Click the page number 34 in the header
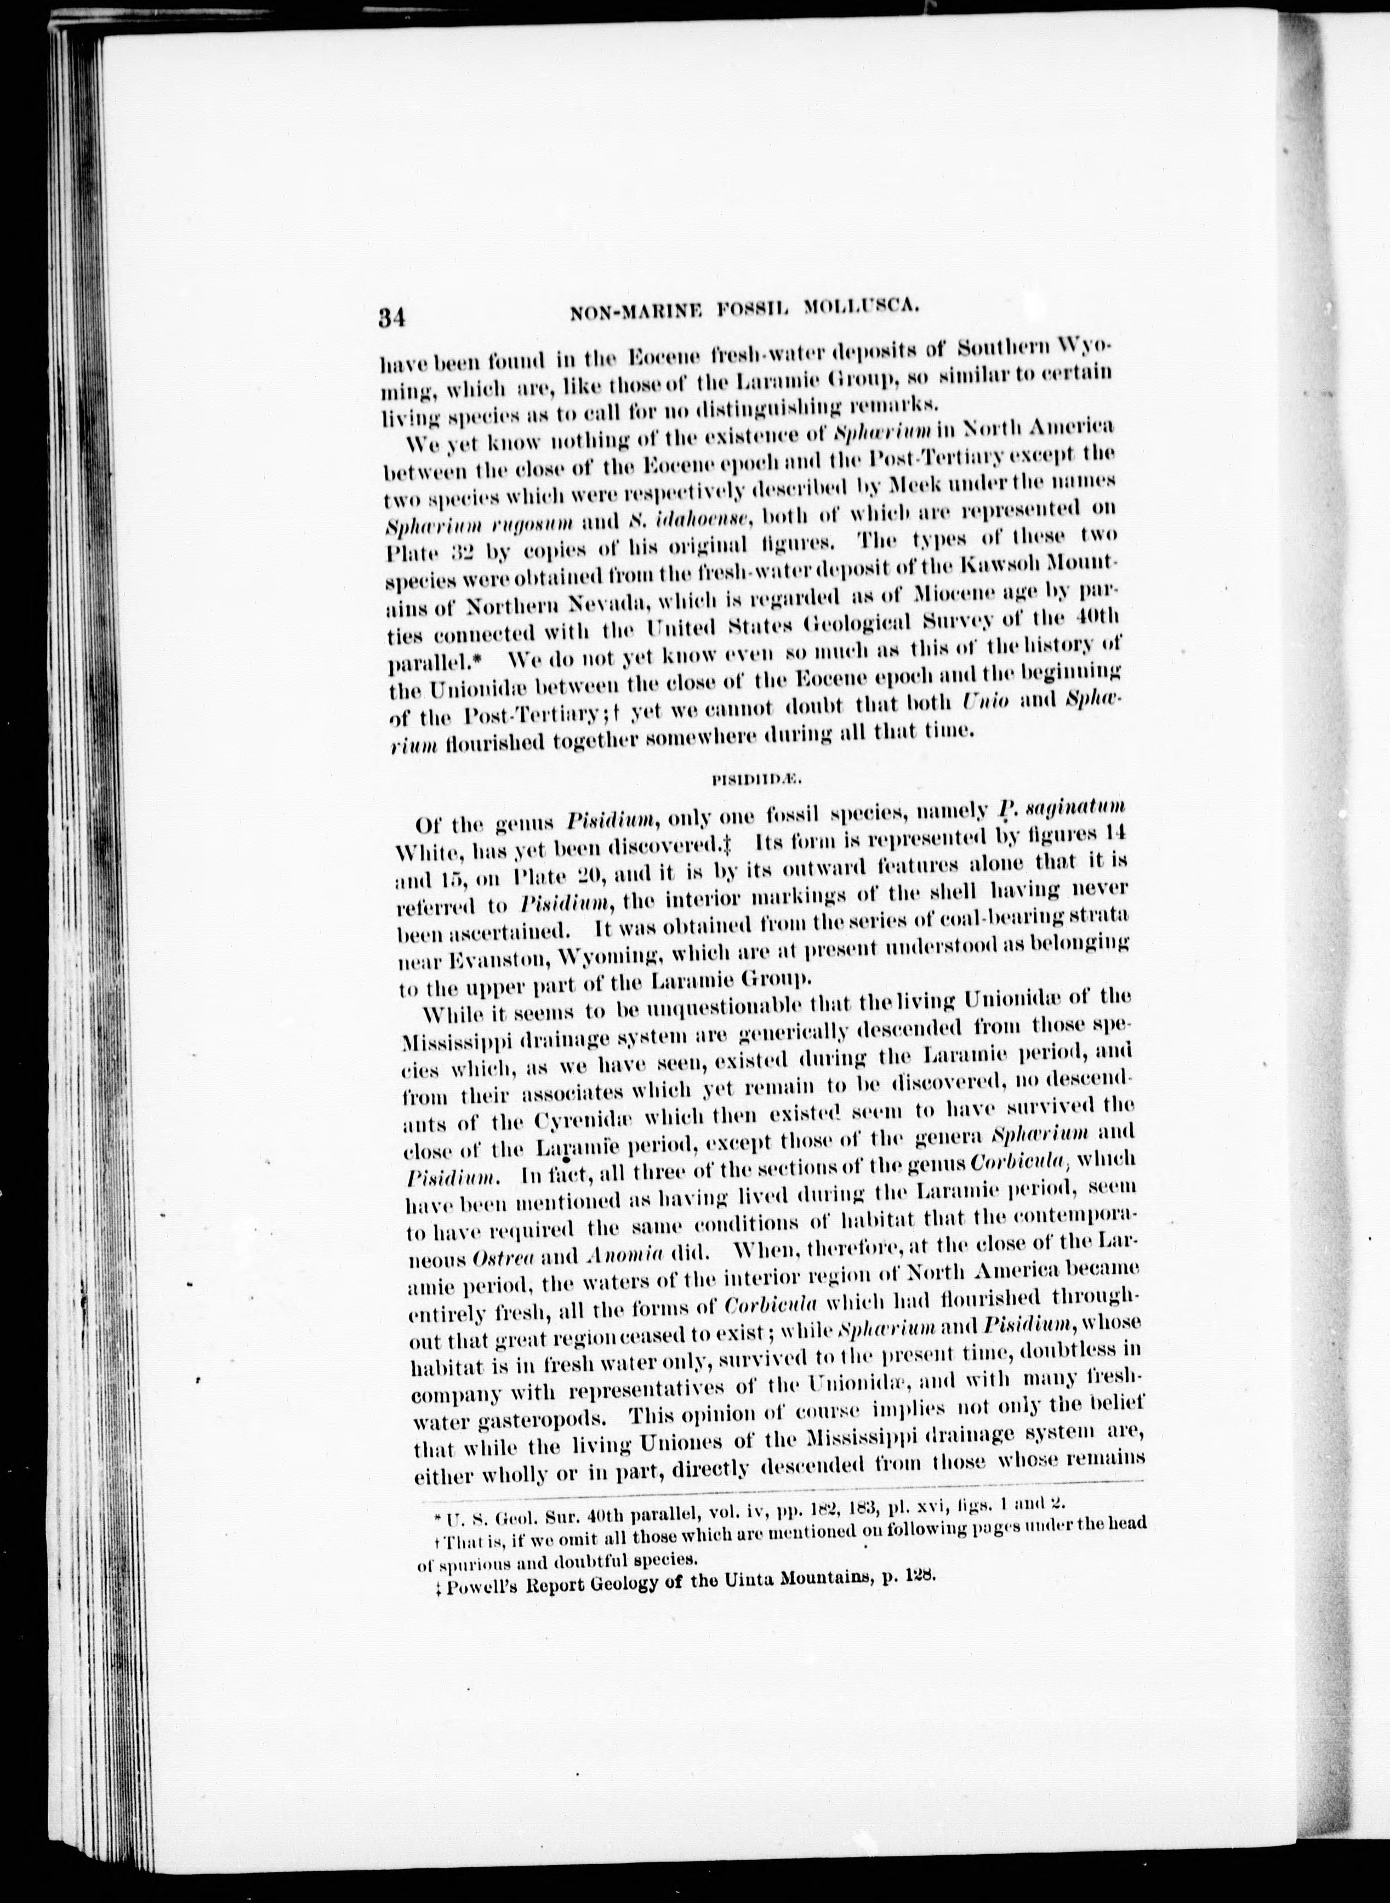pyautogui.click(x=391, y=317)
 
